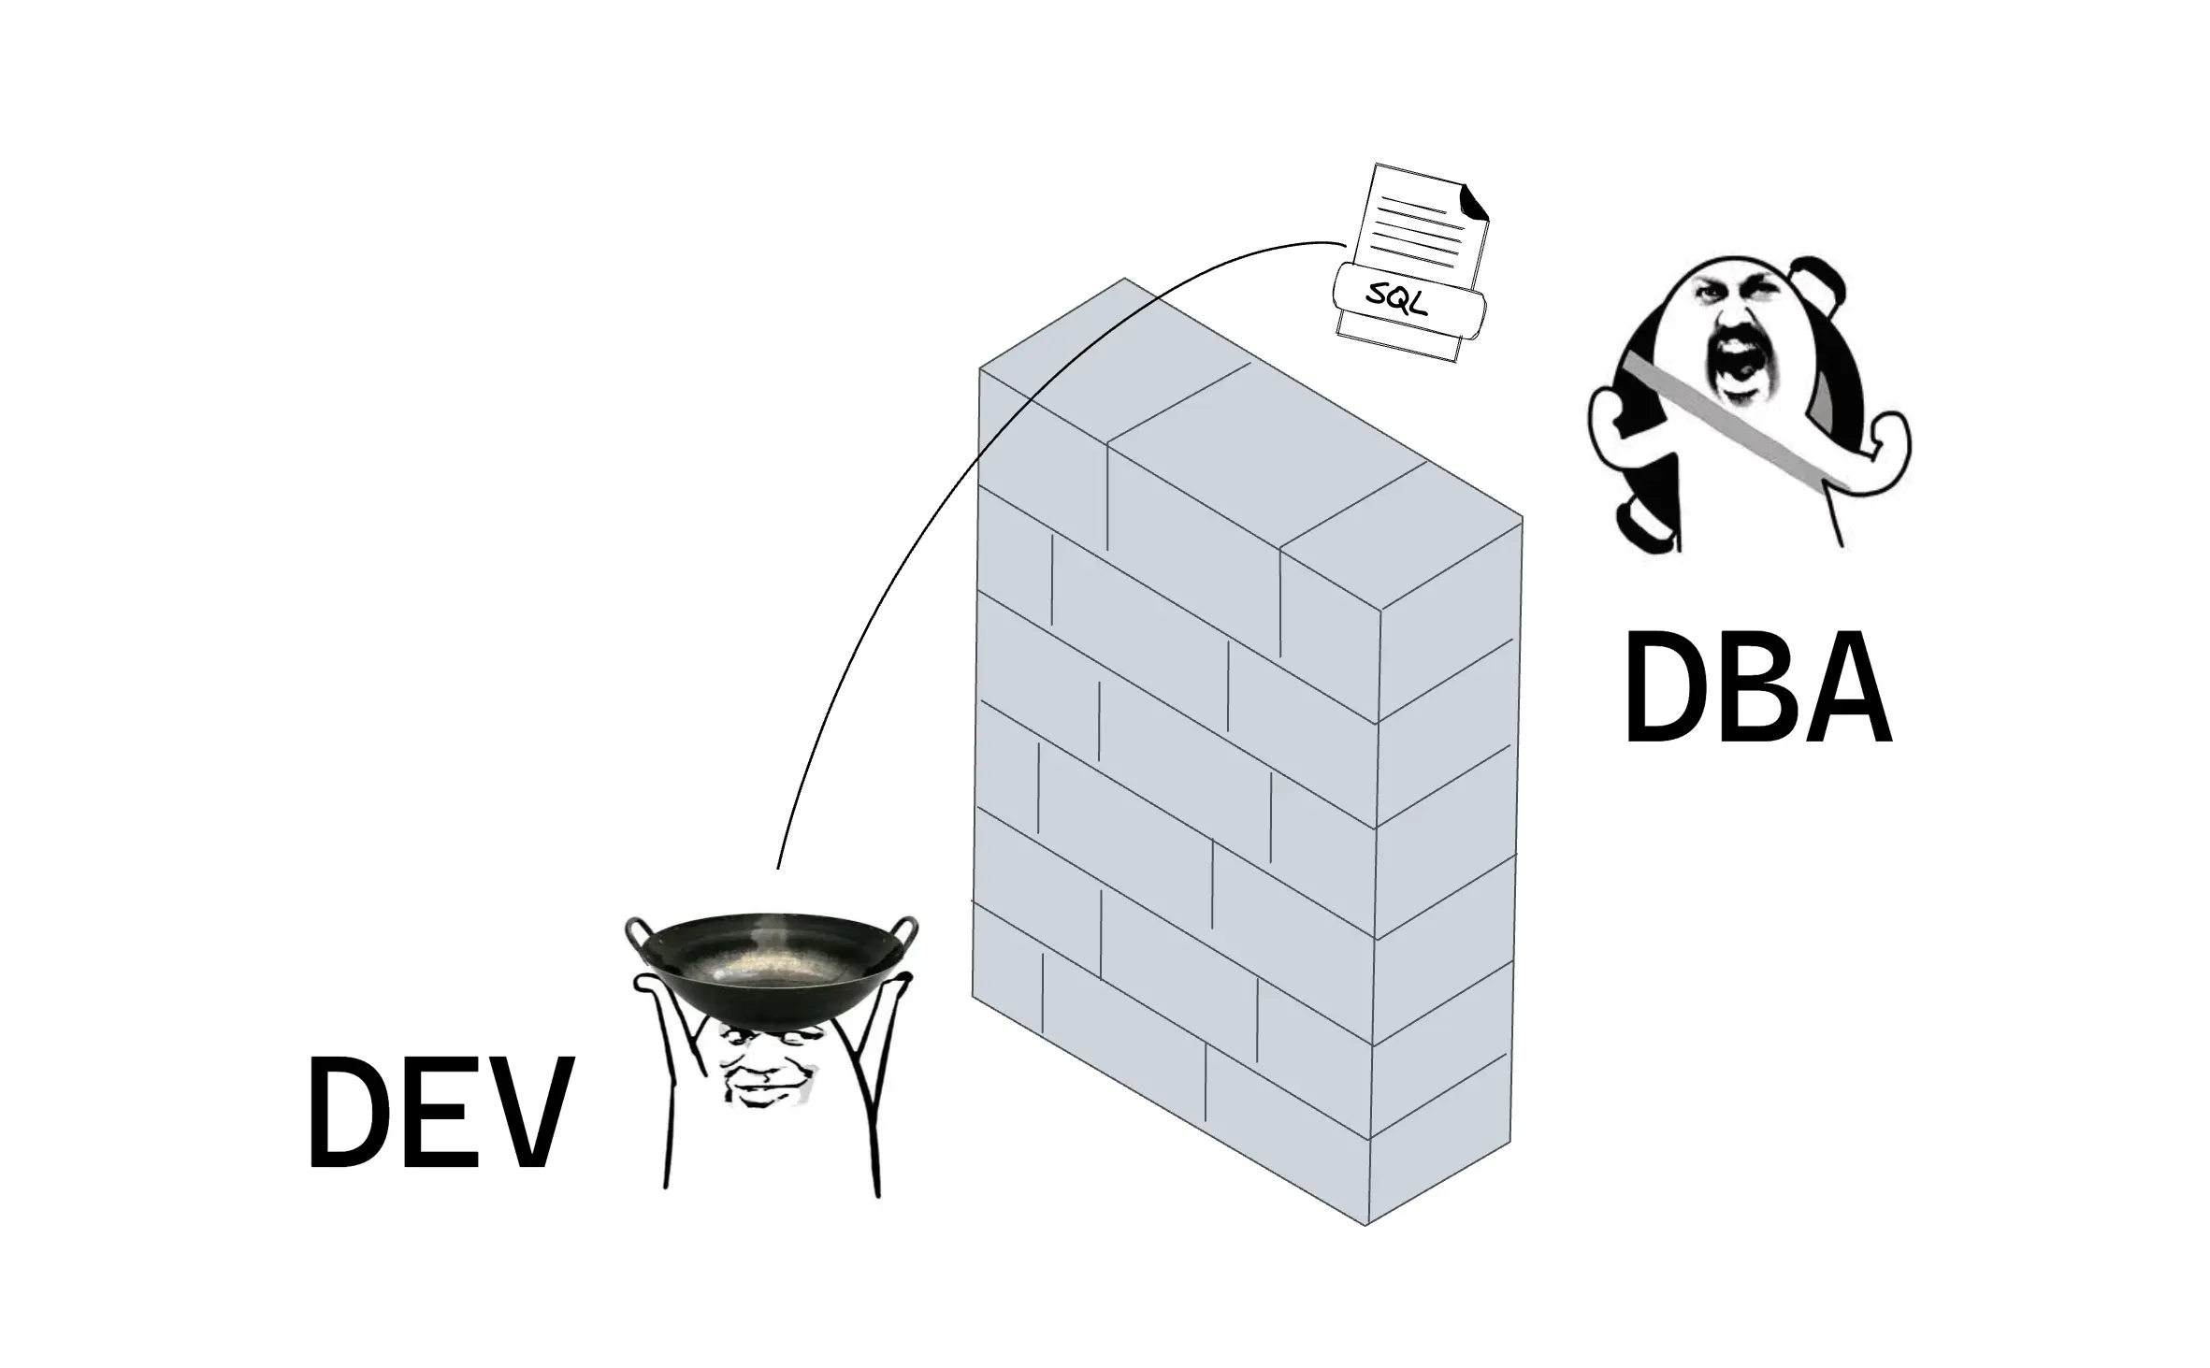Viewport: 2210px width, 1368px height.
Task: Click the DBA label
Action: (1756, 689)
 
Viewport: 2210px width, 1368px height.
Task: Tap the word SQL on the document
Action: (1397, 298)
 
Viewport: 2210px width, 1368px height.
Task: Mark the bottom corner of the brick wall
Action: (1367, 1224)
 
